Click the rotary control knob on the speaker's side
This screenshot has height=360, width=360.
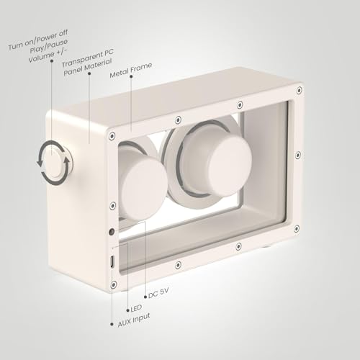point(58,163)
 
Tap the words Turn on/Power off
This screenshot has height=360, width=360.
point(38,40)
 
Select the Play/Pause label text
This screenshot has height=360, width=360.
point(49,46)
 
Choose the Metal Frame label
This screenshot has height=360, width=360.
point(131,71)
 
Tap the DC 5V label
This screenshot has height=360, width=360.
point(158,293)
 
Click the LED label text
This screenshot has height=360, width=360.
point(136,308)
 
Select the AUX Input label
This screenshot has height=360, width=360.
point(134,320)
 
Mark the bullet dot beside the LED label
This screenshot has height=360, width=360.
point(127,310)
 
